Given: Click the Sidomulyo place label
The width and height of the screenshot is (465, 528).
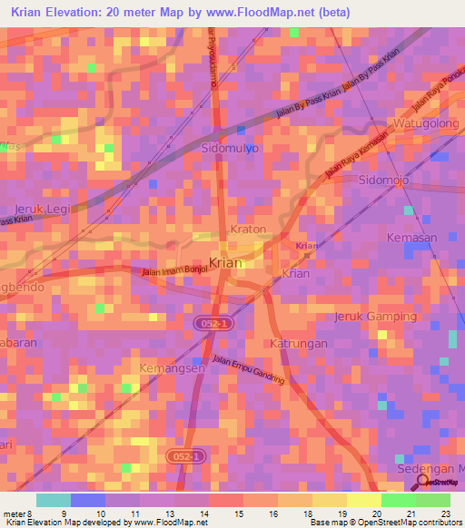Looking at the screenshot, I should pyautogui.click(x=230, y=147).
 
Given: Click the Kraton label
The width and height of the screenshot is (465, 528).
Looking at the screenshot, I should pyautogui.click(x=249, y=230).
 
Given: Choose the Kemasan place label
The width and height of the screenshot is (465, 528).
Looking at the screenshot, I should pyautogui.click(x=412, y=238).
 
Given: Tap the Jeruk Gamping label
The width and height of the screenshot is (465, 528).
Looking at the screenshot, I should pyautogui.click(x=376, y=317).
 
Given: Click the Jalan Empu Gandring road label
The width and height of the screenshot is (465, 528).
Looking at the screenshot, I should pyautogui.click(x=248, y=370).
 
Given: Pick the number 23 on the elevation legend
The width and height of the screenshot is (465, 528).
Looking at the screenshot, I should pyautogui.click(x=444, y=514).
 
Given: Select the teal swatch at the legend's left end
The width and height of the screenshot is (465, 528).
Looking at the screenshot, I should pyautogui.click(x=53, y=500).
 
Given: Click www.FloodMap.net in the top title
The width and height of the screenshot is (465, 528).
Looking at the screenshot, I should pyautogui.click(x=280, y=13).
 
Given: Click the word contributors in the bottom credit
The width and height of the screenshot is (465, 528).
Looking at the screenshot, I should pyautogui.click(x=437, y=523).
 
